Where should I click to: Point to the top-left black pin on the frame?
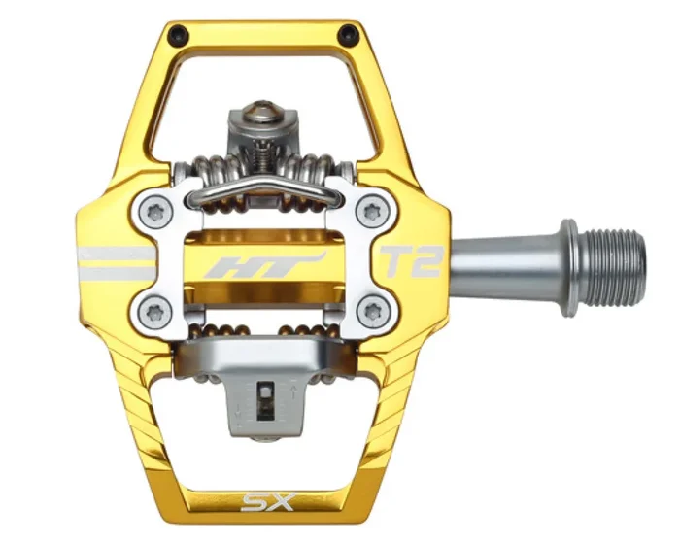(x=175, y=36)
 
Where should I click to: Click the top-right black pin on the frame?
(x=347, y=36)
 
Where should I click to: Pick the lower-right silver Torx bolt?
(x=370, y=312)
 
